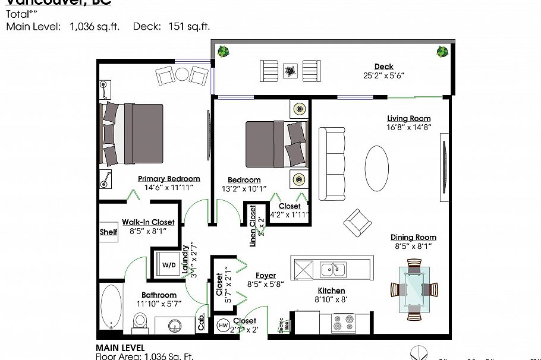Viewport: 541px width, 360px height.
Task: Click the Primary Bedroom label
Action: coord(169,179)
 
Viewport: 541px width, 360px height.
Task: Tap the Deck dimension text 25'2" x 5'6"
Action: coord(383,76)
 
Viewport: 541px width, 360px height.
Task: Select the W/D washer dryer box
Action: coord(169,264)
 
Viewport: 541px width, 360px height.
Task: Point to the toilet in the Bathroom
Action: coord(140,321)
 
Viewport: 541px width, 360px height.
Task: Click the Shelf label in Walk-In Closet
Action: coord(108,232)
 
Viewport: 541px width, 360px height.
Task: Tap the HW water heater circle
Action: coord(223,325)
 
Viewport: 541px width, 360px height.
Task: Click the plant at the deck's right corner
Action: coord(442,52)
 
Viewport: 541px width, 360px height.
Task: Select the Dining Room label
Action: coord(414,238)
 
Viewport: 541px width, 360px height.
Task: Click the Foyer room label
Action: coord(265,276)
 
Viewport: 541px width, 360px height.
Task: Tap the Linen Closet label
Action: coord(253,226)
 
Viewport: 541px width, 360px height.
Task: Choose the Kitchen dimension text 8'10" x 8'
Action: coord(331,300)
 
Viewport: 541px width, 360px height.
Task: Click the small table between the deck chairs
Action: coord(290,71)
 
